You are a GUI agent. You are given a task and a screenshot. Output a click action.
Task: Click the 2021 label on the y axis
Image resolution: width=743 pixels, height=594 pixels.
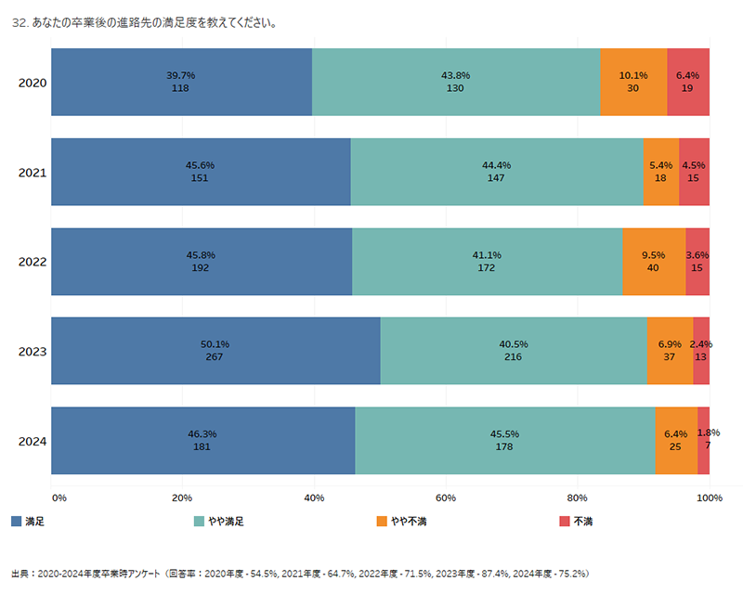(x=33, y=172)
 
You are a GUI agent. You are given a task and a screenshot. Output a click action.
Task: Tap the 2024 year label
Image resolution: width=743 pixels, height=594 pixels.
(x=33, y=441)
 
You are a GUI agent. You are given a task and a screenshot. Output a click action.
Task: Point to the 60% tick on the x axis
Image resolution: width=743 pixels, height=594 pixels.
(x=446, y=499)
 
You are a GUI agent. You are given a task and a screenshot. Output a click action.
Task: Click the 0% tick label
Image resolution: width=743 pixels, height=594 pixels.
(x=59, y=499)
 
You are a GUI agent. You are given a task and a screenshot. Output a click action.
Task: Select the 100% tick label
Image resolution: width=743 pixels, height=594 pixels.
(x=710, y=499)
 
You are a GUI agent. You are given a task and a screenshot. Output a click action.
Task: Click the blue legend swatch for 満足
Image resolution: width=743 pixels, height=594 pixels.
(x=17, y=522)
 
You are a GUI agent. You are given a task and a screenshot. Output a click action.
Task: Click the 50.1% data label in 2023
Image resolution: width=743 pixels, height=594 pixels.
(x=215, y=344)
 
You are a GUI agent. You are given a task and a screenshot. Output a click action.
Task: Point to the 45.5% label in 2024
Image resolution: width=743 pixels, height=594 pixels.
(x=505, y=433)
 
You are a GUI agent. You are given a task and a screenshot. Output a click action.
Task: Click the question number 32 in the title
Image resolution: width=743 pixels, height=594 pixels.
(x=19, y=23)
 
